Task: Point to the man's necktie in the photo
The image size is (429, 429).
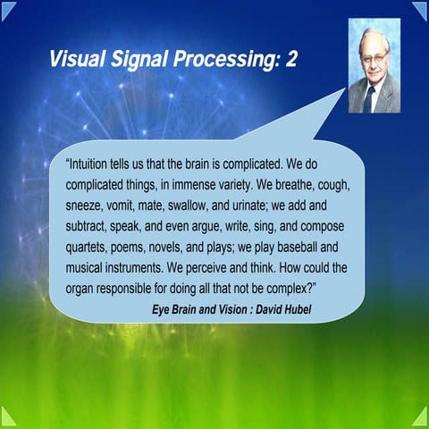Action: point(370,96)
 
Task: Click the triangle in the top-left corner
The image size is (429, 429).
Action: point(9,9)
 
